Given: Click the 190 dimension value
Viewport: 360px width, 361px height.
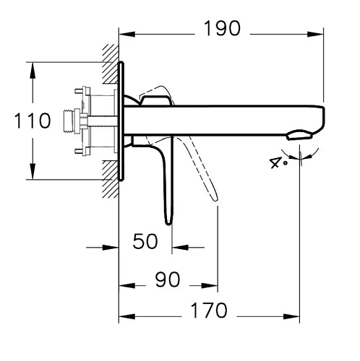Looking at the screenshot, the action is tap(222, 28).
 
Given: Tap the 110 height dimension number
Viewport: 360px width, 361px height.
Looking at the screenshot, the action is tap(33, 121).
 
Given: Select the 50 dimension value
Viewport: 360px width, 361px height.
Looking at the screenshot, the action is tap(145, 241).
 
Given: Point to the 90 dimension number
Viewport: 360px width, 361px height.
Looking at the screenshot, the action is tap(168, 279).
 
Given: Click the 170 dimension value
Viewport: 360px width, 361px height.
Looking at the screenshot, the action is tap(209, 310).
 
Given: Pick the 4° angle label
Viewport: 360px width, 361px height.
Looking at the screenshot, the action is tap(278, 162).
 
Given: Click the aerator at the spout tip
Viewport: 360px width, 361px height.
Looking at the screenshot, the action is tap(299, 135).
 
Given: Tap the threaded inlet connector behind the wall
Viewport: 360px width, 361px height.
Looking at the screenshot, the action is tap(69, 121).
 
